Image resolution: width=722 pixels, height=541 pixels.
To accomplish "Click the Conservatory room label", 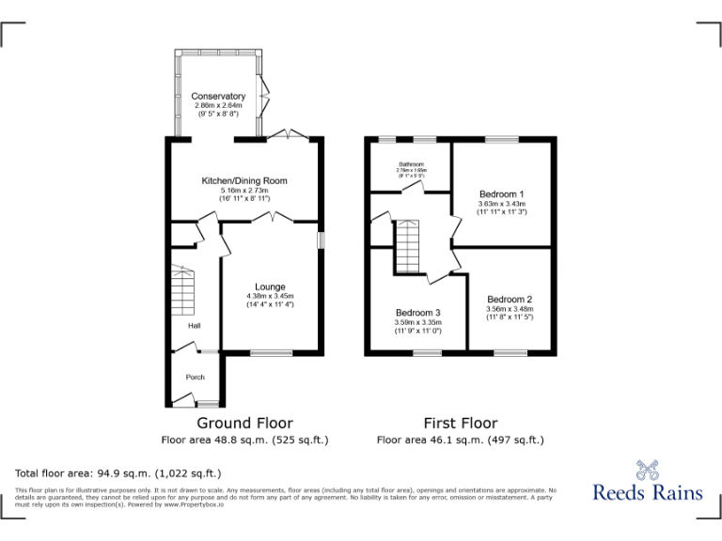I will (x=218, y=97).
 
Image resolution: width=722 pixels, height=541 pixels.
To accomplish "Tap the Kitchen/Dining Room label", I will (x=243, y=180).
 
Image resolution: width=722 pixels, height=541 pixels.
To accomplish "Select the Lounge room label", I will (x=270, y=286).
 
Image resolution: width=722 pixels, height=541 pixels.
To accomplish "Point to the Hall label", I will (x=194, y=326).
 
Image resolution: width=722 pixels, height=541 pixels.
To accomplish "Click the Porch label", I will (x=195, y=378).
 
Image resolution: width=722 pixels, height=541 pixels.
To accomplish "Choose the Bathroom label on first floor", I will (x=411, y=163).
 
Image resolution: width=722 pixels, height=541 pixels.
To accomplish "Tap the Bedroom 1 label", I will (x=501, y=193).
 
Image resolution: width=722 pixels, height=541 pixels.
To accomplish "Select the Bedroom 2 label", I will (x=510, y=300).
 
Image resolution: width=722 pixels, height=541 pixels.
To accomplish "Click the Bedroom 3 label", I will (x=417, y=313).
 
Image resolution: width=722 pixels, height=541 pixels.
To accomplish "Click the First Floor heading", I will (x=460, y=424).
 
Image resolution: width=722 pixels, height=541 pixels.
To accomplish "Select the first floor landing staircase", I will (x=405, y=245).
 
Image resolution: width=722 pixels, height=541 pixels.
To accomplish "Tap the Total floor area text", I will (x=118, y=473).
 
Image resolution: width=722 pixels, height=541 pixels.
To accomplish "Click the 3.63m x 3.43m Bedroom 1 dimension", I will (x=501, y=204).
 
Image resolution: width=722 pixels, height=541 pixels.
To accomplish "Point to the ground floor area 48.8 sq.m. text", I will (x=244, y=440).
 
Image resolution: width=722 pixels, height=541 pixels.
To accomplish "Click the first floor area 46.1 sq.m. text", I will (x=460, y=440).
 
